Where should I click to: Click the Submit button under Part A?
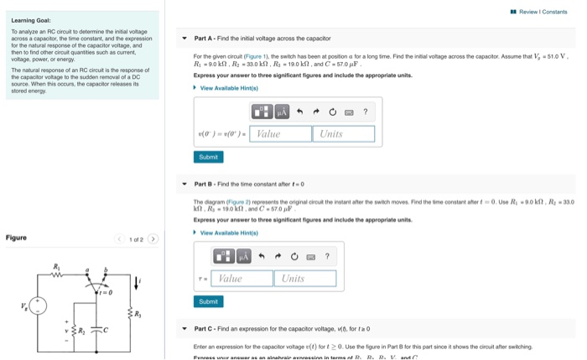(x=208, y=157)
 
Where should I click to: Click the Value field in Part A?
(x=279, y=133)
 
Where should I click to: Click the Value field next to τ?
(x=242, y=278)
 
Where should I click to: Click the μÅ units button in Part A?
(x=282, y=112)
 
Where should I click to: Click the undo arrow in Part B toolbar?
(x=262, y=256)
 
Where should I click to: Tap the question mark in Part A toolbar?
(x=365, y=112)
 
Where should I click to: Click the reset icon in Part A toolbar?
(x=333, y=112)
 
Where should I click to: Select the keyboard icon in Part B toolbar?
(x=311, y=256)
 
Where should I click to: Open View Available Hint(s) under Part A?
(x=227, y=87)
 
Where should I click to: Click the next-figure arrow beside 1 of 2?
(x=153, y=239)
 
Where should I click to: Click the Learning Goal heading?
(x=30, y=20)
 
